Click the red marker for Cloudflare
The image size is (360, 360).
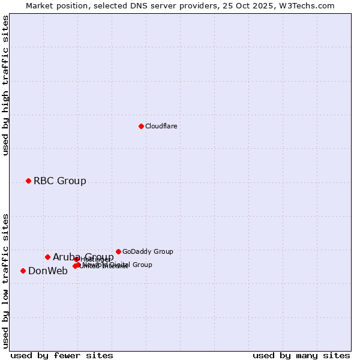(141, 126)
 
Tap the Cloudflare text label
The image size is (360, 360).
(161, 126)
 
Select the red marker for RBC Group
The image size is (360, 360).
(28, 181)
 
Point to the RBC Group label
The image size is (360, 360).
(59, 181)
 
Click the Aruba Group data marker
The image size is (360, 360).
(47, 257)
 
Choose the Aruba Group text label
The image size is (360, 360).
(83, 257)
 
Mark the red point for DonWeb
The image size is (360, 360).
(23, 271)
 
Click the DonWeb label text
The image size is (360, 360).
(47, 271)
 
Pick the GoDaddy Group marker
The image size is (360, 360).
(118, 251)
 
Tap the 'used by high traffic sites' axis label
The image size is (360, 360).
(5, 85)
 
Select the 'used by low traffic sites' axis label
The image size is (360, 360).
(5, 281)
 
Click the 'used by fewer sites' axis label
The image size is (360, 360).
(62, 355)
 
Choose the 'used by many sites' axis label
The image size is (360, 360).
(301, 355)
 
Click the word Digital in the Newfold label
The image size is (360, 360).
(119, 265)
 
